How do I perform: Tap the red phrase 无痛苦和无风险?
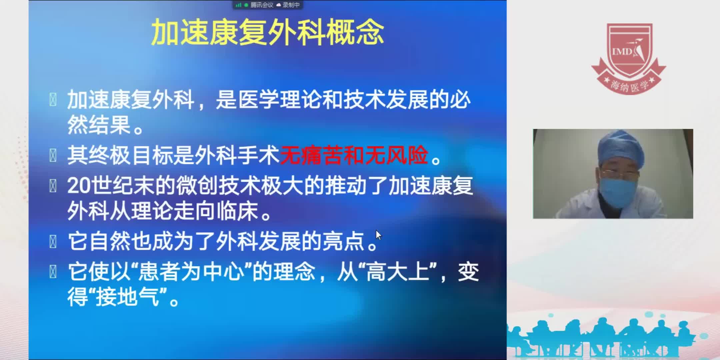pyautogui.click(x=354, y=155)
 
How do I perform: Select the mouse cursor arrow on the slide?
pyautogui.click(x=378, y=235)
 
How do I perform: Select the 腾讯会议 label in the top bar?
pyautogui.click(x=262, y=5)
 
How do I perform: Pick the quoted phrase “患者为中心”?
pyautogui.click(x=191, y=272)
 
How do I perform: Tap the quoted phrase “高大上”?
pyautogui.click(x=398, y=272)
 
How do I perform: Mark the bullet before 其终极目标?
pyautogui.click(x=53, y=155)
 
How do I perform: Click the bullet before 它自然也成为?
pyautogui.click(x=53, y=242)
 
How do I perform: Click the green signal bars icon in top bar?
pyautogui.click(x=238, y=5)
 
